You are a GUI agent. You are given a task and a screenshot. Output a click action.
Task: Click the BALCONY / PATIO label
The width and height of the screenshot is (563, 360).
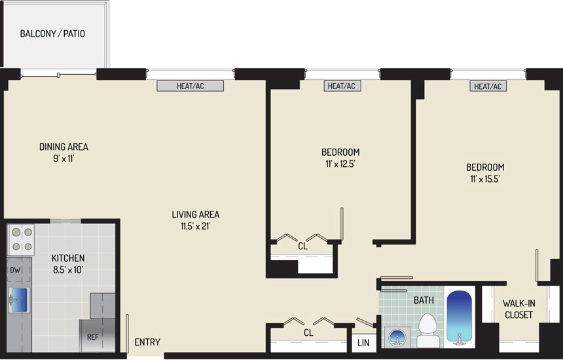(x=52, y=34)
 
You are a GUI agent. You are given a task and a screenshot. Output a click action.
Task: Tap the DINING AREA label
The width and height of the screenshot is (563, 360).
(x=64, y=147)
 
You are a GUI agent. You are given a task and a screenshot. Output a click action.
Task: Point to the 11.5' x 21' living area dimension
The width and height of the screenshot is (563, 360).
(x=195, y=226)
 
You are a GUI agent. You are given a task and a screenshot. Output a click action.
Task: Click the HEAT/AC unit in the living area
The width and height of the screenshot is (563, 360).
(x=191, y=86)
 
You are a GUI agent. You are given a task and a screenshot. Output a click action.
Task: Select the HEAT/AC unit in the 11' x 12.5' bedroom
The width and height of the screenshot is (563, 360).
(x=342, y=86)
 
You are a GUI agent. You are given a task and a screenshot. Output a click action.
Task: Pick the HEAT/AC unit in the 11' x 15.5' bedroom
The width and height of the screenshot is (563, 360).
(x=488, y=86)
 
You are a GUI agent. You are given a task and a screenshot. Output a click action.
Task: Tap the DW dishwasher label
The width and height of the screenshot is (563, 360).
(x=15, y=270)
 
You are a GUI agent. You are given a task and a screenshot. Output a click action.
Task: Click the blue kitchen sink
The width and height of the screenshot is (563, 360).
(x=19, y=300)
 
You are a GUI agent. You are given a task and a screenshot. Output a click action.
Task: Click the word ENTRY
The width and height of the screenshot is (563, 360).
(x=147, y=342)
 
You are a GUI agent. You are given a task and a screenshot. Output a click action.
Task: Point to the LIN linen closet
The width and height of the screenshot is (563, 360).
(x=363, y=343)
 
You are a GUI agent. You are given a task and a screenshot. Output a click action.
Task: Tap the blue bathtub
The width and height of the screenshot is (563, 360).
(x=459, y=317)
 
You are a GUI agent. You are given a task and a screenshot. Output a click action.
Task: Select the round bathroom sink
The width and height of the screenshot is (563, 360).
(x=397, y=338)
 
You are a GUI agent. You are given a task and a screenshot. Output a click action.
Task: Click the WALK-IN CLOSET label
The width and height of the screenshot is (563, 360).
(x=519, y=309)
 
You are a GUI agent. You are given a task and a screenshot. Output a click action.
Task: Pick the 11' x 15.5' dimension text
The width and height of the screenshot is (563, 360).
(x=485, y=179)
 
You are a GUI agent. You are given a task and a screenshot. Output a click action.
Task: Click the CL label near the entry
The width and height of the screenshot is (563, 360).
(x=308, y=333)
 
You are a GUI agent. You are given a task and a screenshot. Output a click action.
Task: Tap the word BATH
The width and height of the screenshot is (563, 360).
(x=424, y=300)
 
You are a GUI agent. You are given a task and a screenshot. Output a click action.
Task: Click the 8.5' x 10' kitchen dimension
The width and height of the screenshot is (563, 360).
(x=68, y=270)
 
